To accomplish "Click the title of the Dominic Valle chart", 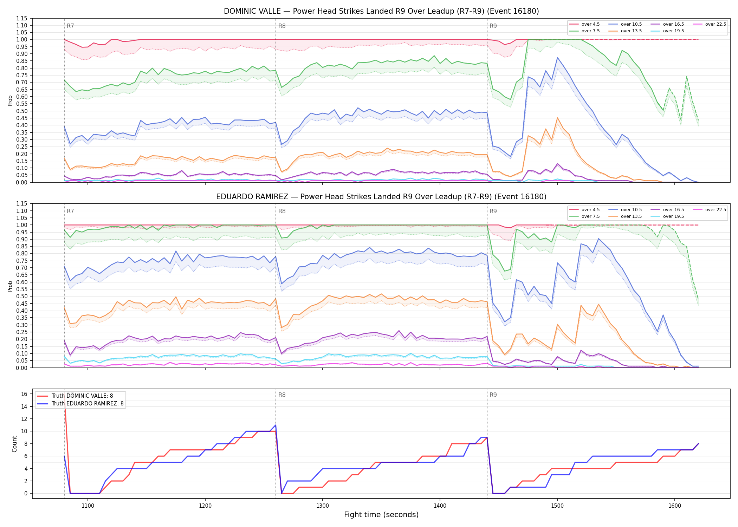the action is coord(381,11).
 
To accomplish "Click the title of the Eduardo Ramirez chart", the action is coord(381,197).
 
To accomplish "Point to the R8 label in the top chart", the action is coord(282,26).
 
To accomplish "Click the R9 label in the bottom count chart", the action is coord(493,395).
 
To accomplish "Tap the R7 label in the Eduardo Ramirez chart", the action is coord(70,211).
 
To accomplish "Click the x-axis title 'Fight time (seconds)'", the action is coord(381,515).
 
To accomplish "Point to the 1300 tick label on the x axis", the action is coord(323,506).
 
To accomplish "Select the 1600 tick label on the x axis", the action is coord(675,506).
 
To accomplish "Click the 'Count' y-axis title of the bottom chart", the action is coord(14,444).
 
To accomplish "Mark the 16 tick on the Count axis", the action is coord(24,394).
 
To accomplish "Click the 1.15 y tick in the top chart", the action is coord(22,18).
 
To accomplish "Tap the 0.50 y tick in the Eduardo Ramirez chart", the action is coord(22,296).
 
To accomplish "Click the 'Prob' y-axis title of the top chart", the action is coord(10,100).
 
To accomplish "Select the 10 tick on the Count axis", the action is coord(24,431).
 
